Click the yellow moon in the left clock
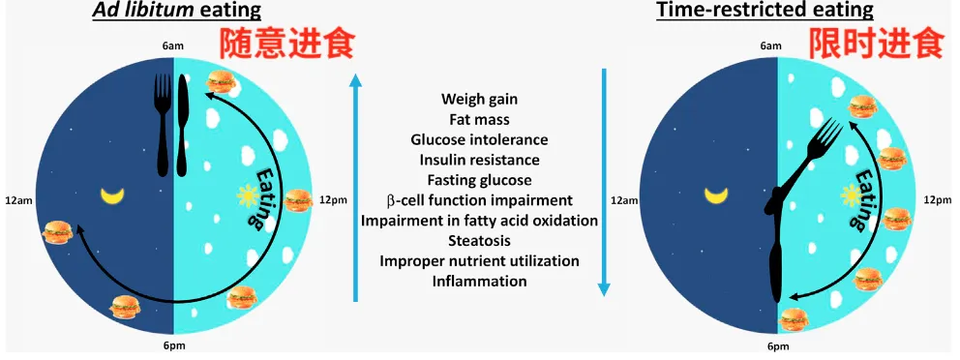click(x=112, y=195)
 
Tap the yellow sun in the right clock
click(x=850, y=195)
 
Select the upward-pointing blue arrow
click(x=355, y=187)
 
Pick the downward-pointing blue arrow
click(x=604, y=183)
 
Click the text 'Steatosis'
click(x=479, y=241)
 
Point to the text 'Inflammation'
click(x=479, y=282)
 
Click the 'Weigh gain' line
click(x=479, y=99)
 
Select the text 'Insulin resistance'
click(x=479, y=161)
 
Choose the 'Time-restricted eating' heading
click(x=765, y=11)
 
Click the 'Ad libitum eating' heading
click(x=176, y=11)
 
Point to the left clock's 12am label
click(x=15, y=200)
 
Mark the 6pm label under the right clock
click(x=777, y=347)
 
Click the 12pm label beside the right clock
click(x=938, y=200)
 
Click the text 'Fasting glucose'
click(x=479, y=181)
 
